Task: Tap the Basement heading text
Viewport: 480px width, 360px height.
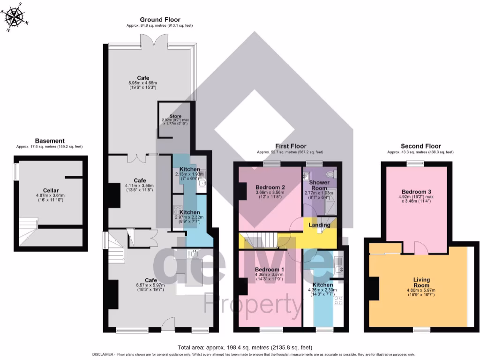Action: [x=50, y=141]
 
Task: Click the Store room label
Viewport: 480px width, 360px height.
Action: [x=175, y=116]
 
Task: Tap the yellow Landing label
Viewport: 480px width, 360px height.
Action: [x=319, y=225]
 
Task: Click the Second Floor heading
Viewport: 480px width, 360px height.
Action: [x=420, y=146]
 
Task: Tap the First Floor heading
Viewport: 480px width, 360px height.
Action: [x=290, y=146]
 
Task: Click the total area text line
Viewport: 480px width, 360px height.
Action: [x=245, y=347]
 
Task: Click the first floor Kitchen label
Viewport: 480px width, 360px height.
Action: [x=322, y=285]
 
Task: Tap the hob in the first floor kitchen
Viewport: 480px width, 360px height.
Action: [x=339, y=300]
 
